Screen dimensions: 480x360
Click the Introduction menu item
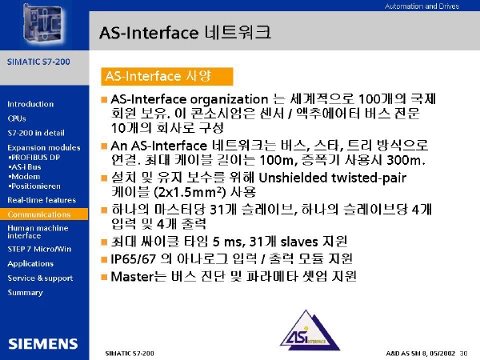tap(30, 104)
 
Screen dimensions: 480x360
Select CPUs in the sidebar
tap(17, 118)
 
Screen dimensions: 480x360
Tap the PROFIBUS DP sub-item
tap(34, 158)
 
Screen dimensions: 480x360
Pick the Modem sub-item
tap(25, 177)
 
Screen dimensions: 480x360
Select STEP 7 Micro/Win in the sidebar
tap(39, 249)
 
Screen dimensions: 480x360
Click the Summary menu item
tap(25, 293)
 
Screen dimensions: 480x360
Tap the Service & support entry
tap(40, 278)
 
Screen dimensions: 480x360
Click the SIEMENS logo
tap(43, 344)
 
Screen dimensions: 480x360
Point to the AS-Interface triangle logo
tap(310, 330)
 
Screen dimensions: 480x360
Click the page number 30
tap(463, 354)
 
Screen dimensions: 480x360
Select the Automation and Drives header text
tap(422, 6)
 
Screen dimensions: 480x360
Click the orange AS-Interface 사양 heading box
tap(167, 77)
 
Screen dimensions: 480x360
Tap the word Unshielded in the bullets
tap(293, 178)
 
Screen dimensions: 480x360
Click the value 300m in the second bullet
tap(406, 160)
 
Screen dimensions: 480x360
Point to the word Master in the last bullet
tap(131, 277)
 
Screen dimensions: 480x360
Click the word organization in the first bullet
tap(229, 100)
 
